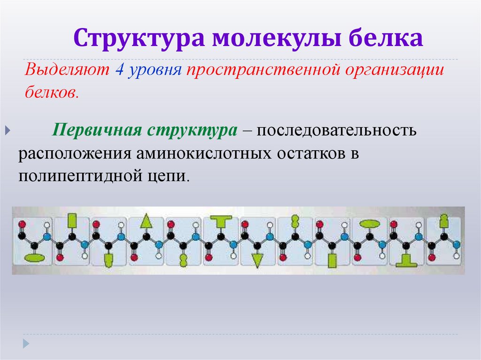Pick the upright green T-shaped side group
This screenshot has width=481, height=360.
(221, 220)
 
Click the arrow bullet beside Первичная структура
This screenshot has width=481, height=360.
(8, 130)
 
